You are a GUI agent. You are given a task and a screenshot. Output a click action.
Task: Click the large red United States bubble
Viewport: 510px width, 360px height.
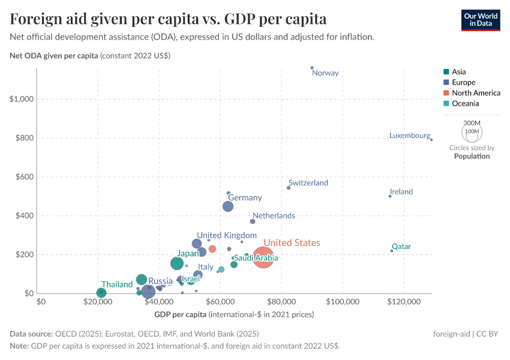(x=263, y=258)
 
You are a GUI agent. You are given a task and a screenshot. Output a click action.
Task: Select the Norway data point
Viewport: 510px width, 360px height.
(x=312, y=68)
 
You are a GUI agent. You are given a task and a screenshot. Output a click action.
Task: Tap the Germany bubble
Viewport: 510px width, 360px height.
(x=228, y=206)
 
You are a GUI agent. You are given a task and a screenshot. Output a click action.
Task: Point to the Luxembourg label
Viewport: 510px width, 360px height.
(x=409, y=136)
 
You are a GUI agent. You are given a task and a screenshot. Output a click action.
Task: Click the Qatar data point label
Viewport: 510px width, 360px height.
(x=401, y=247)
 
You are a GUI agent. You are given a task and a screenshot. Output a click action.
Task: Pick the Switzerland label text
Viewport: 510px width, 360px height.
(x=308, y=183)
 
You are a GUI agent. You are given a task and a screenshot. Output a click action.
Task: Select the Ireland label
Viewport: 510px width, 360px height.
(x=401, y=192)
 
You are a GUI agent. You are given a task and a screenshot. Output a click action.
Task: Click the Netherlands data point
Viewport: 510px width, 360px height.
(x=253, y=221)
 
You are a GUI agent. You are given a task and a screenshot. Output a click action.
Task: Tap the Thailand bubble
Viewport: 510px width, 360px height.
(x=101, y=293)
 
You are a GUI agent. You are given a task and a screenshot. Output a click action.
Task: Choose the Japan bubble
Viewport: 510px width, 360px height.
(x=177, y=263)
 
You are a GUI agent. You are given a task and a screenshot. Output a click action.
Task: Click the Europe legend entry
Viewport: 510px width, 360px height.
(x=463, y=82)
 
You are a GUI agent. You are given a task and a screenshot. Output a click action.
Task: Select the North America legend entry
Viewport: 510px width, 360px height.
(x=475, y=93)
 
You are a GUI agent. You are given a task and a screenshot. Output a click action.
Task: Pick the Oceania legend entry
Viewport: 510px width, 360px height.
(x=466, y=104)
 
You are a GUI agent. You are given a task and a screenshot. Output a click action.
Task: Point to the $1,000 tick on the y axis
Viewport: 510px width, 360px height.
(x=22, y=99)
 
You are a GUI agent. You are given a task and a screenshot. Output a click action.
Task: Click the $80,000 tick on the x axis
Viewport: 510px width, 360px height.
(x=281, y=301)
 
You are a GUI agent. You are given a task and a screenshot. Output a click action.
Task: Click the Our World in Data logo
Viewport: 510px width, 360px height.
(x=480, y=19)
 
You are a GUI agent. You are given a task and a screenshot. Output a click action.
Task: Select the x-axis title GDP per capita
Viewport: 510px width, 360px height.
(x=234, y=314)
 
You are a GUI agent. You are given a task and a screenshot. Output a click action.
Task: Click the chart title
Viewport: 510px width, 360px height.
(x=168, y=19)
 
